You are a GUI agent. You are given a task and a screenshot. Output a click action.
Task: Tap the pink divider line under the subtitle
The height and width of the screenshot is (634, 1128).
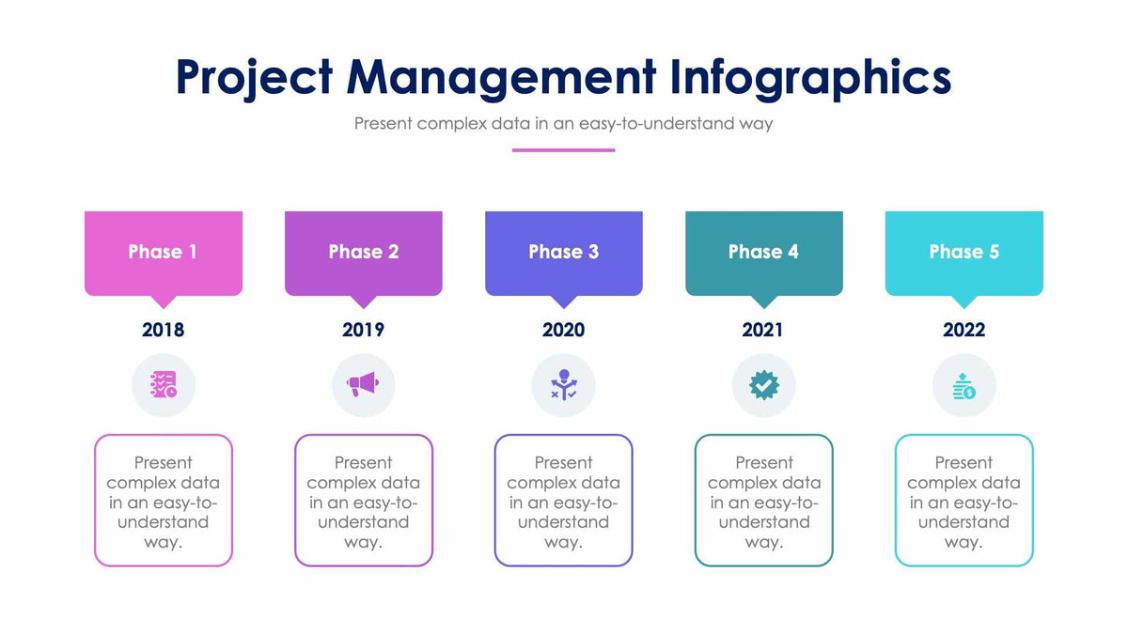[563, 149]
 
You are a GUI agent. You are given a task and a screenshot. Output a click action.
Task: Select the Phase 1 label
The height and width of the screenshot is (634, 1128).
[163, 252]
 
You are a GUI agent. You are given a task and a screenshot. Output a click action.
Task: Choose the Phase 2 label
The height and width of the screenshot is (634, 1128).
[363, 252]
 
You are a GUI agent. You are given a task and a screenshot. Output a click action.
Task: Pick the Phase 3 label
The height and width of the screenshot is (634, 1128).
[563, 252]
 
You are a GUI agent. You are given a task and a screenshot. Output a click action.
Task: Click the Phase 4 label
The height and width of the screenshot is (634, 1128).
[763, 252]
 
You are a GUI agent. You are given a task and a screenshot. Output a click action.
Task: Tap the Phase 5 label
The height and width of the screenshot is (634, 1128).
[963, 252]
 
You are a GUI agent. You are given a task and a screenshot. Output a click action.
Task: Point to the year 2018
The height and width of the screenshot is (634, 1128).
[163, 330]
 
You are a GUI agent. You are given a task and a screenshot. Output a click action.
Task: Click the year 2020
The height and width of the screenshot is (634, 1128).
[563, 330]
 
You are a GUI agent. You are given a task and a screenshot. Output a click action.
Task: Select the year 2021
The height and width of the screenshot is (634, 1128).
[763, 330]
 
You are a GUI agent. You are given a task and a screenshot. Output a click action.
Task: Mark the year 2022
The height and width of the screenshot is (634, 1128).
[963, 330]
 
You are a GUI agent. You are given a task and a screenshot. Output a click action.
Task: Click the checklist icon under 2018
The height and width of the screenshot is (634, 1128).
[163, 385]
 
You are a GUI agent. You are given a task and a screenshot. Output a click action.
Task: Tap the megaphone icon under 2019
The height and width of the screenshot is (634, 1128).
[363, 385]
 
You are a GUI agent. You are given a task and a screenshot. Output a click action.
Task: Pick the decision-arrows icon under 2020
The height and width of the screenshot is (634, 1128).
[563, 385]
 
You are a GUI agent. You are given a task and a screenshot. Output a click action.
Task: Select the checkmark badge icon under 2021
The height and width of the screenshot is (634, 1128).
[763, 385]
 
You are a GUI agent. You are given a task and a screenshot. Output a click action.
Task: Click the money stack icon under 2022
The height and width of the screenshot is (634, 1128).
[963, 385]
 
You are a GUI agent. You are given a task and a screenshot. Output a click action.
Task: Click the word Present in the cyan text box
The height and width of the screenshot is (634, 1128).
[963, 462]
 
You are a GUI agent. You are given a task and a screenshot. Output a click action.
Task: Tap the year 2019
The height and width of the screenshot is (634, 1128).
[363, 330]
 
